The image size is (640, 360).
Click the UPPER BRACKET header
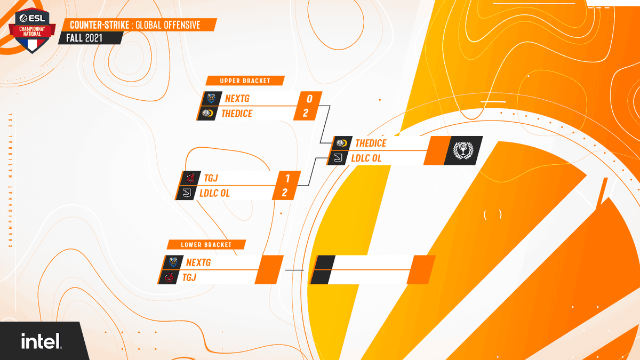[245, 81]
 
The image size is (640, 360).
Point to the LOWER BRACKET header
[206, 245]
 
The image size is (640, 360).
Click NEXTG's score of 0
[309, 99]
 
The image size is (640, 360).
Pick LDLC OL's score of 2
[285, 193]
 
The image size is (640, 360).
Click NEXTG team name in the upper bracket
[237, 99]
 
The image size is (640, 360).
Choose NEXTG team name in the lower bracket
[198, 262]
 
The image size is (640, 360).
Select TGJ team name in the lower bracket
[190, 277]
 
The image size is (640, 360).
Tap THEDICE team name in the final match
[371, 143]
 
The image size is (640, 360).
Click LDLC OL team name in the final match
[366, 158]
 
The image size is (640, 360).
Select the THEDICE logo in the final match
[341, 143]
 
